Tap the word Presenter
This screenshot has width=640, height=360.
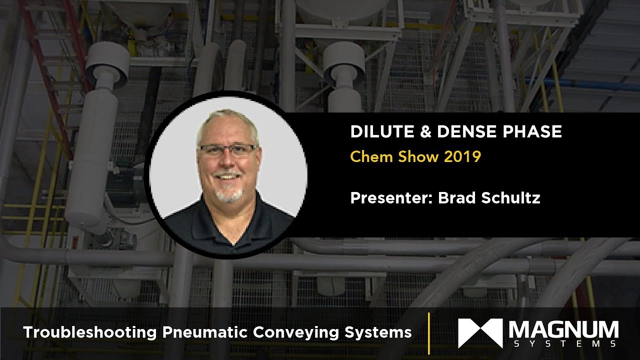pos(391,198)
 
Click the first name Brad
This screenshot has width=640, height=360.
pos(455,198)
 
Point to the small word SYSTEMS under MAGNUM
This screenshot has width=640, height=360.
pos(563,344)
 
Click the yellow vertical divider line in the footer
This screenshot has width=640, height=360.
pos(429,332)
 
